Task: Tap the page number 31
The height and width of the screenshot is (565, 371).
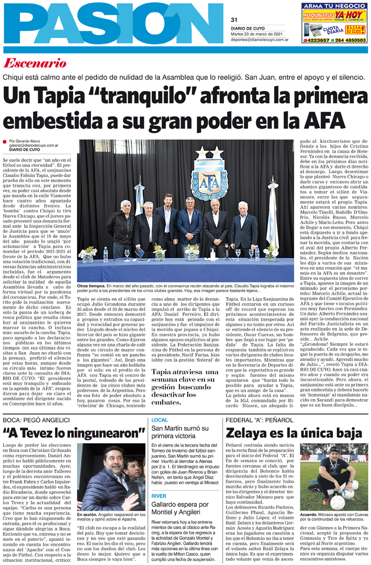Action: tap(234, 20)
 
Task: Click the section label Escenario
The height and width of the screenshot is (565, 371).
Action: tap(35, 64)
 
